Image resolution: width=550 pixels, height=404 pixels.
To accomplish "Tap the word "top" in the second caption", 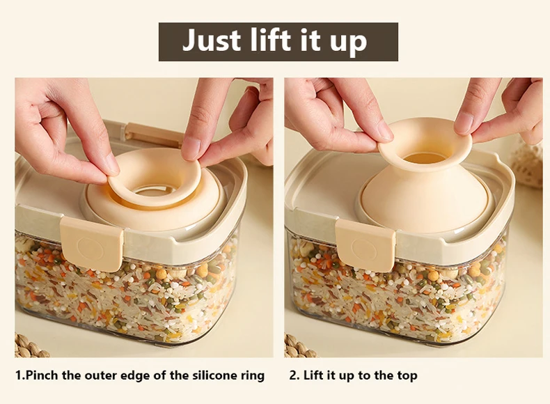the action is pos(407,376).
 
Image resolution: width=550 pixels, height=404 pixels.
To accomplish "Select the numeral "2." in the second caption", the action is pos(294,375).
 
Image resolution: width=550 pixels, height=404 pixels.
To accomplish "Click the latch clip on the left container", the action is pos(92,244).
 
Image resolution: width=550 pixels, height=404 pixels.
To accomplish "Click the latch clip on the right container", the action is pos(365,245).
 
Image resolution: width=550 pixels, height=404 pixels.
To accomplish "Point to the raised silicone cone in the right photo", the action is pos(425,176).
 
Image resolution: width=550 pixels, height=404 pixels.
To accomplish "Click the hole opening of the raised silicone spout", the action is pos(425,157).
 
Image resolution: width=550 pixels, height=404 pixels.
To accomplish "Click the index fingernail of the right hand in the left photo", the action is pos(190,148).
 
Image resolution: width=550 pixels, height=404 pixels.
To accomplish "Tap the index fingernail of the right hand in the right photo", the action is pos(463,123).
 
